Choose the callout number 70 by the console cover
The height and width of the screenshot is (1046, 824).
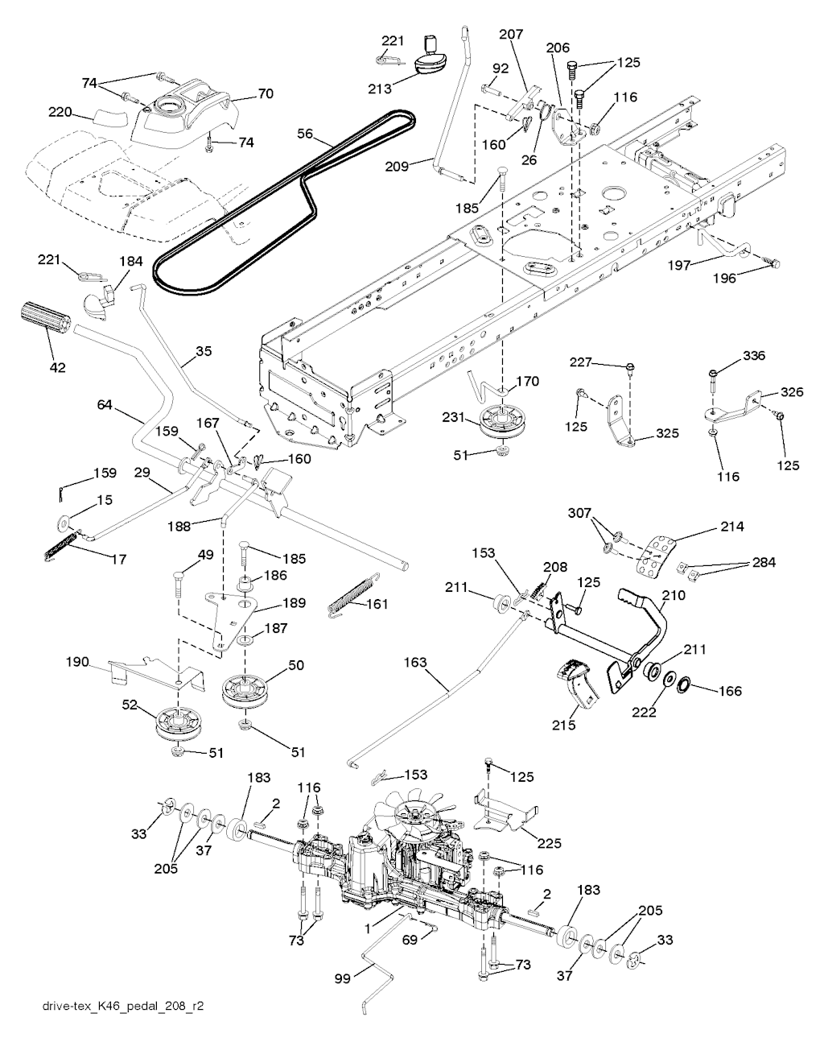(266, 94)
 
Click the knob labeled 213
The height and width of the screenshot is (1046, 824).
(435, 60)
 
